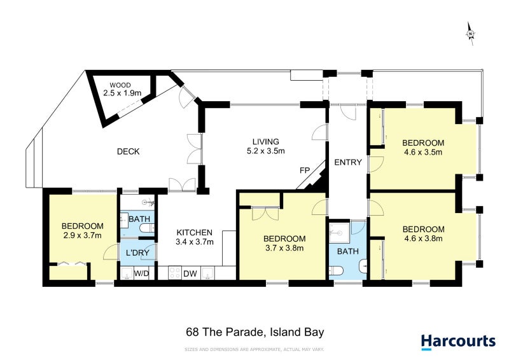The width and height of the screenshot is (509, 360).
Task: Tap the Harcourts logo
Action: click(457, 341)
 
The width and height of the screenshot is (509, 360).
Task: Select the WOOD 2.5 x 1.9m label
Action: click(120, 90)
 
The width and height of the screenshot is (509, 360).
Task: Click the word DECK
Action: click(128, 151)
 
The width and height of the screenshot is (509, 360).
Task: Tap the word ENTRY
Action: click(348, 163)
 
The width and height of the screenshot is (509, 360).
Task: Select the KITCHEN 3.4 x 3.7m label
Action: click(195, 237)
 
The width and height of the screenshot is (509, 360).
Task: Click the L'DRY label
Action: click(137, 253)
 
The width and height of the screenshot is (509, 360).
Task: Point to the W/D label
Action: click(141, 275)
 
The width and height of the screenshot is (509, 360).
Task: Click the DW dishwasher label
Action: click(190, 275)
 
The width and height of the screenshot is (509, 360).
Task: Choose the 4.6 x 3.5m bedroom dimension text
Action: click(423, 152)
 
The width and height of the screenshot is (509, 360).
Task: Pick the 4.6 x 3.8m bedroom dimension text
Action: click(423, 239)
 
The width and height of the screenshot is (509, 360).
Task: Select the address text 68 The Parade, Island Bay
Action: click(255, 331)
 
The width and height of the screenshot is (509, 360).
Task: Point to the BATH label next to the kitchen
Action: click(139, 219)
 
